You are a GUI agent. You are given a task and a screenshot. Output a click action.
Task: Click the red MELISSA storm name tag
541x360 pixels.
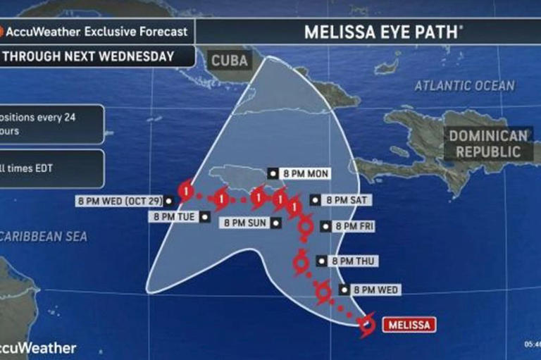tap(409, 325)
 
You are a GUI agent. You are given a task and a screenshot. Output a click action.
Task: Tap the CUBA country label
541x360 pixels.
tap(230, 61)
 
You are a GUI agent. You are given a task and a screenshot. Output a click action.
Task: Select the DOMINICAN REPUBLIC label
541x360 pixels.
tap(489, 143)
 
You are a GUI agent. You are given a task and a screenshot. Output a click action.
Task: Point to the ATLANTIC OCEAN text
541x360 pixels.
tap(464, 86)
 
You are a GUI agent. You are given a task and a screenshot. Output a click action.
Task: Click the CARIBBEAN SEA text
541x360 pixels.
tap(44, 237)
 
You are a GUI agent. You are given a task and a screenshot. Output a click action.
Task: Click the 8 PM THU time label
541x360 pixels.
tap(347, 261)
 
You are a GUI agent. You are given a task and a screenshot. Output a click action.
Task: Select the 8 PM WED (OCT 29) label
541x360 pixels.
tap(120, 201)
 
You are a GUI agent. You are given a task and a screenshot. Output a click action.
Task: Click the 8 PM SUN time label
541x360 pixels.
tap(247, 223)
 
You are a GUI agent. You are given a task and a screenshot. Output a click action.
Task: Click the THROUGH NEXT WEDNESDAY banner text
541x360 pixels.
tap(92, 56)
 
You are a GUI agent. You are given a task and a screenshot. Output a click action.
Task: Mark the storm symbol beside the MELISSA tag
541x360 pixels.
tap(366, 325)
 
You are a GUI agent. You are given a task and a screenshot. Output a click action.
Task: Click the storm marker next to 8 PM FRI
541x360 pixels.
tap(306, 227)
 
